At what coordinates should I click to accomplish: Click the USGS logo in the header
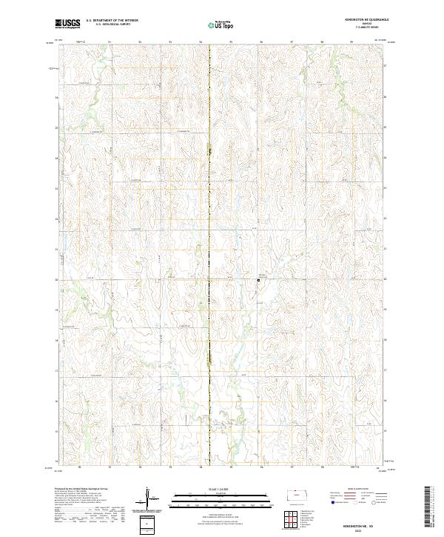(x=67, y=24)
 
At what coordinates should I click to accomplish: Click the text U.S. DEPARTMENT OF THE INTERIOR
(x=112, y=20)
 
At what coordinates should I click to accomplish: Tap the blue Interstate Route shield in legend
(x=324, y=503)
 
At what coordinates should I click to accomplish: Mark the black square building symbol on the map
(x=258, y=280)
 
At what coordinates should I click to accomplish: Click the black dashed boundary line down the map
(x=209, y=222)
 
